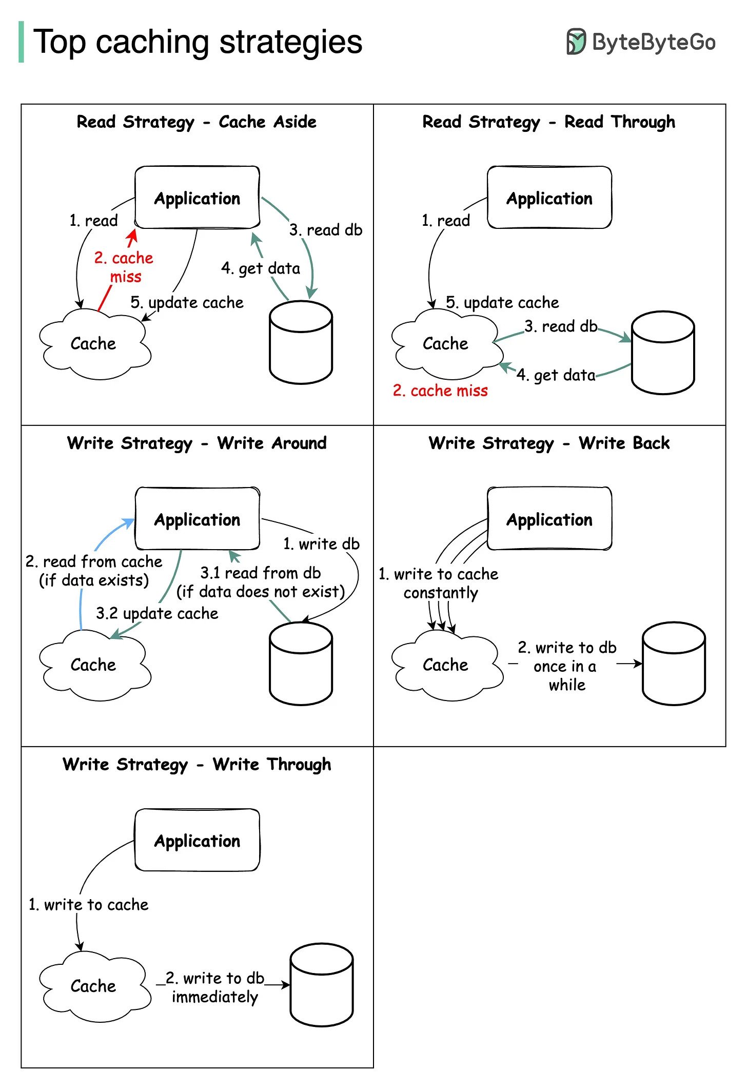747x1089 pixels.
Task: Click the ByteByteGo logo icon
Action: pos(576,42)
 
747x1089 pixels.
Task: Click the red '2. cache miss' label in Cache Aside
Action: pos(124,267)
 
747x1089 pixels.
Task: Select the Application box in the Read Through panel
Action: pos(549,198)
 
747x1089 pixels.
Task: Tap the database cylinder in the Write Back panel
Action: pos(674,663)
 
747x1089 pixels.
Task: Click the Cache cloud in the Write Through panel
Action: pos(93,985)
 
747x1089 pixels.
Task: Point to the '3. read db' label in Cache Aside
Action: pos(326,230)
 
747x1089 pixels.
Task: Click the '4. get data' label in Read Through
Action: pos(556,375)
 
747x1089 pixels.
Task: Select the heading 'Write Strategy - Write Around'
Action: pos(196,443)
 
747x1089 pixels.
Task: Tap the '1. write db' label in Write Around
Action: pos(321,544)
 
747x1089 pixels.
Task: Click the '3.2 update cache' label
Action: pos(157,613)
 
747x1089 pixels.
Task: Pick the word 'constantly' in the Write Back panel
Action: pos(440,593)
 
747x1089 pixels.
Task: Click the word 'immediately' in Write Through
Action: pos(215,997)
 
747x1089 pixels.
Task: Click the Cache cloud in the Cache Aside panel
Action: pos(93,343)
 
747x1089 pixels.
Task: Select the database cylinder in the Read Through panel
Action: pos(662,352)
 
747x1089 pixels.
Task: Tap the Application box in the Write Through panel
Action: pos(197,840)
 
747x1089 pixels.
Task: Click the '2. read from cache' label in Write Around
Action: pos(94,561)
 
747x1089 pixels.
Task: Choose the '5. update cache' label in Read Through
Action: pos(502,303)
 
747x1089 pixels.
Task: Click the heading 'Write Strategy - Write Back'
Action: pos(549,443)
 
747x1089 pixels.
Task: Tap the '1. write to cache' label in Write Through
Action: pos(88,904)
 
